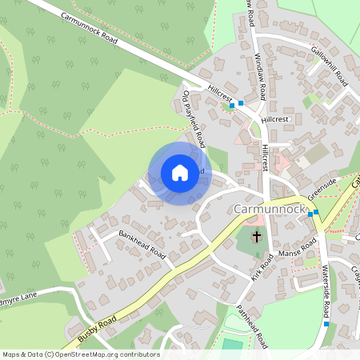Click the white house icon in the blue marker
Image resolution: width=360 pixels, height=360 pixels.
point(179,172)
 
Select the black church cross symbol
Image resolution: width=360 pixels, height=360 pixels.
point(257,237)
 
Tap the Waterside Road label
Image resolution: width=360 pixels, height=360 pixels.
point(327,290)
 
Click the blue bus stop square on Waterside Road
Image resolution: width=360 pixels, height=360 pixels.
point(327,324)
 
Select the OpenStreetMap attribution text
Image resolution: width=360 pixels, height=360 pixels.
point(80,354)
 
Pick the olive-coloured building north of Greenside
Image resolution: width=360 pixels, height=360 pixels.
point(317,153)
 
